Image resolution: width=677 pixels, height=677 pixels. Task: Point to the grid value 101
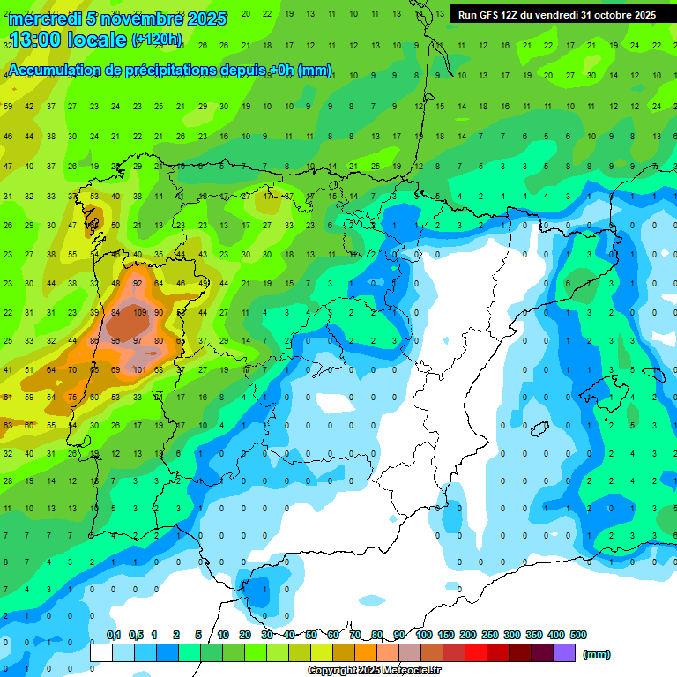click(x=139, y=369)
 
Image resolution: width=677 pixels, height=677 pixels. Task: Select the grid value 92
click(x=138, y=284)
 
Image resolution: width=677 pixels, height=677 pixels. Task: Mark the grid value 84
click(x=115, y=312)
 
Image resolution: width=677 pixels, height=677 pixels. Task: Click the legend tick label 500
click(x=578, y=635)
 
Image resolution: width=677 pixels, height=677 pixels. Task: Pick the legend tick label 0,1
click(x=114, y=635)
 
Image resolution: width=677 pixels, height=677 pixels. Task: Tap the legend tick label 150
click(x=445, y=635)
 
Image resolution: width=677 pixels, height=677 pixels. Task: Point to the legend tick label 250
click(x=489, y=635)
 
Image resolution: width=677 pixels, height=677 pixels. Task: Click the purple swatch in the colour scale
click(x=564, y=652)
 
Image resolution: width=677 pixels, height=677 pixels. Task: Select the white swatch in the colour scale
click(x=101, y=652)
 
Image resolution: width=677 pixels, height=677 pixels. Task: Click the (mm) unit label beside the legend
click(x=597, y=654)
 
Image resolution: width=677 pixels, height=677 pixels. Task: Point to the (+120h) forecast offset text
click(x=157, y=40)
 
